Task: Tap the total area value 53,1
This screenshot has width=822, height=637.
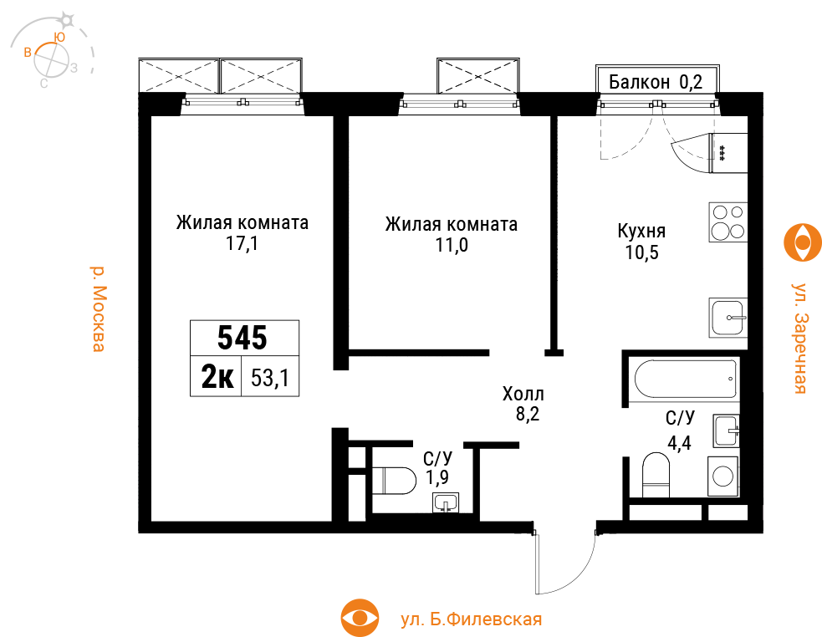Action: pos(270,378)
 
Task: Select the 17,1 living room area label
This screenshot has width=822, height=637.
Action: pos(243,244)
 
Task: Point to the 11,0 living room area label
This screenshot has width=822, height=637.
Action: pos(452,245)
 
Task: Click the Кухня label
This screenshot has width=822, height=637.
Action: pos(641,231)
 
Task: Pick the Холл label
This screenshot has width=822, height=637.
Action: pos(523,393)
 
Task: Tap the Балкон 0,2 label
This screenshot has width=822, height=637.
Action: pos(656,82)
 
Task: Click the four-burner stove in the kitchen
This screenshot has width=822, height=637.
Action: pos(728,222)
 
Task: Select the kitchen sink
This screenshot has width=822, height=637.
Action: pos(728,317)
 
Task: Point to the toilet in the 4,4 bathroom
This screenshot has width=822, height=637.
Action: pos(656,475)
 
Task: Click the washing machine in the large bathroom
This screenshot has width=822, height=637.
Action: pos(723,476)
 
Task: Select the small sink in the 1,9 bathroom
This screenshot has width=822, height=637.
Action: pos(446,502)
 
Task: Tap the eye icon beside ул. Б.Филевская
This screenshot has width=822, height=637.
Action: pos(360,618)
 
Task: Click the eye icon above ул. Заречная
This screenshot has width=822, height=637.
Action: pos(803,242)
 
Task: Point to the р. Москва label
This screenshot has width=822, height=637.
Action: pos(98,308)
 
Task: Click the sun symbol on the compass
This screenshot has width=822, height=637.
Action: pos(67,20)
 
